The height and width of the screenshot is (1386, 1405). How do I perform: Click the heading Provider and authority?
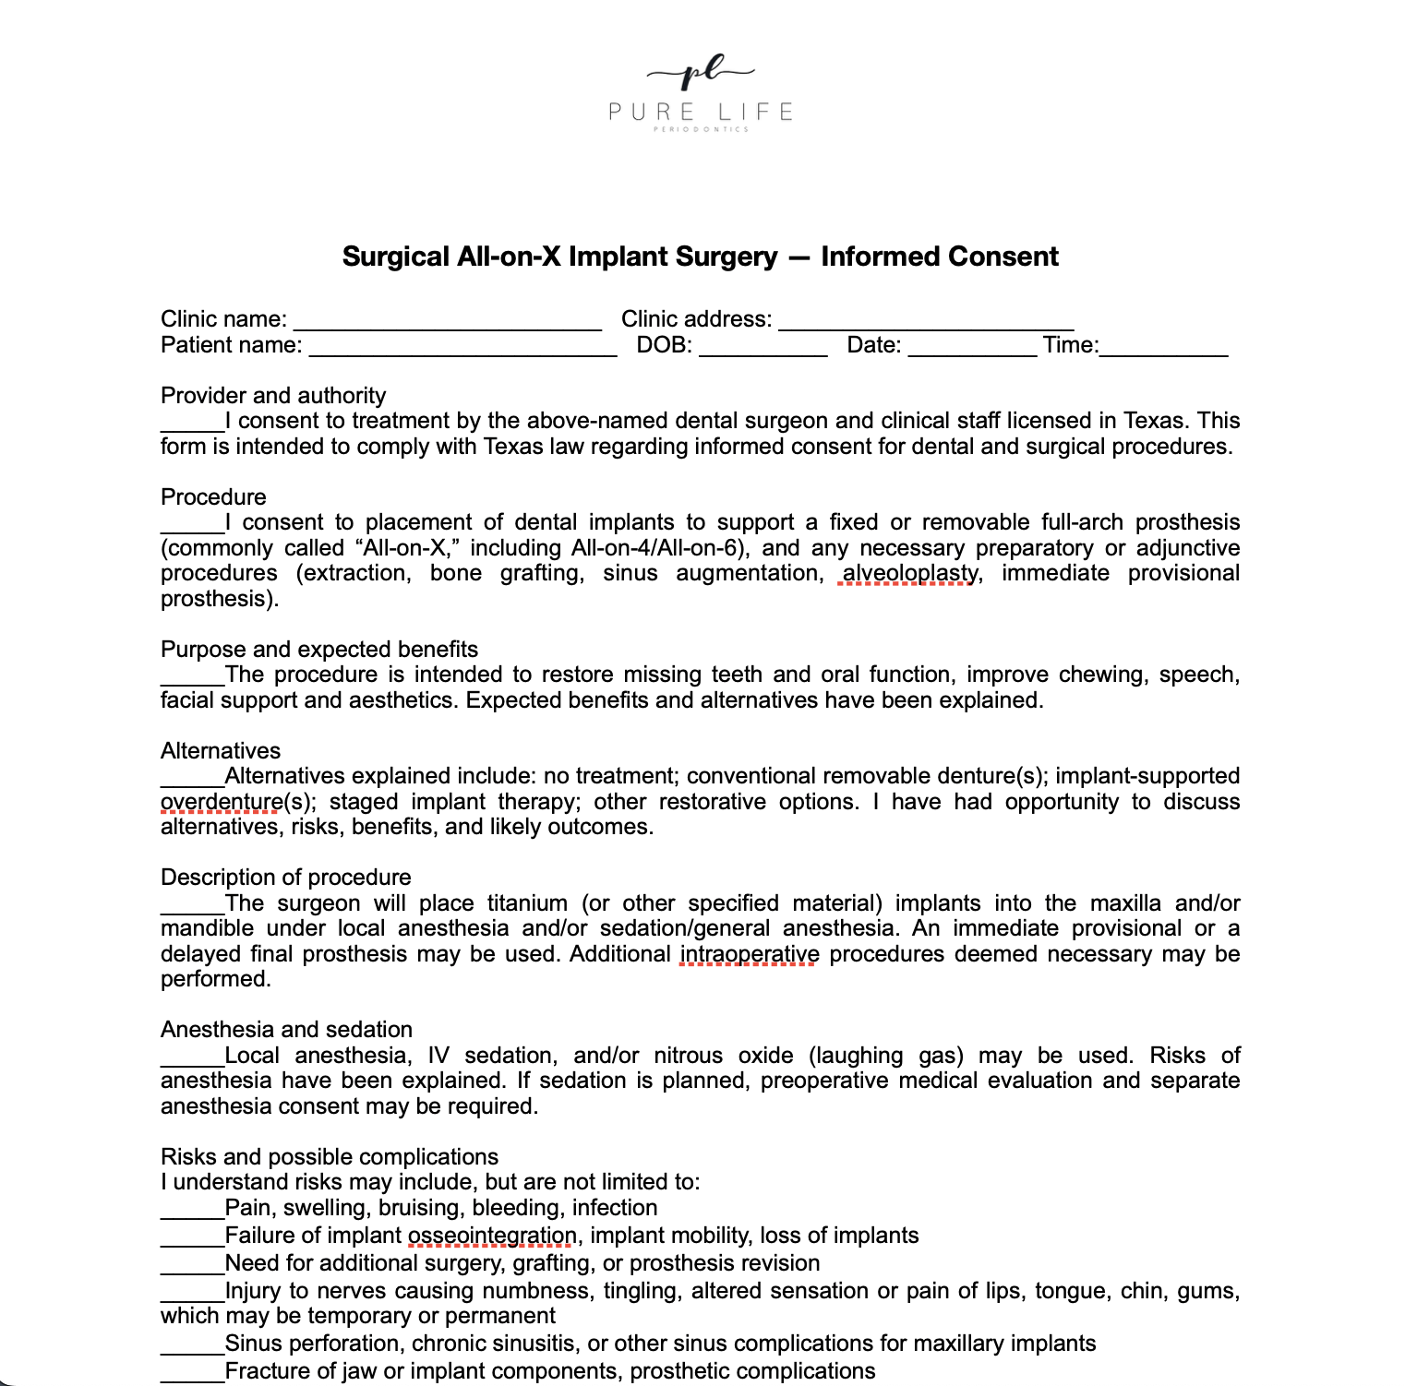click(273, 395)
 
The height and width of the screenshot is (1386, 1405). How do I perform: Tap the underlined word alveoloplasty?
click(909, 573)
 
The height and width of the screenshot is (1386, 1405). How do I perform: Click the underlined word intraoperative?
click(749, 954)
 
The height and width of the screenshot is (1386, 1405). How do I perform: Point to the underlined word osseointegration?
click(492, 1236)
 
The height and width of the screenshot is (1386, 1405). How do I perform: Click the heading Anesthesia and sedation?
click(286, 1030)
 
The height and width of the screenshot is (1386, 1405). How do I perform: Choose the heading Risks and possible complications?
click(329, 1157)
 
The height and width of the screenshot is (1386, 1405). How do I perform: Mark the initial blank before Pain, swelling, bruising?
click(192, 1210)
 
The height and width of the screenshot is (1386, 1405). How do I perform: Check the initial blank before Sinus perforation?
click(192, 1345)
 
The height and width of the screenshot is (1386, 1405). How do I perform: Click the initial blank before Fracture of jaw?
click(192, 1373)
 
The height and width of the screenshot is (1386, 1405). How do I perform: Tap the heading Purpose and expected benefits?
click(319, 649)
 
